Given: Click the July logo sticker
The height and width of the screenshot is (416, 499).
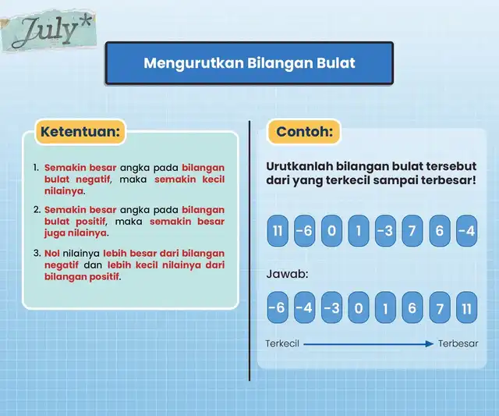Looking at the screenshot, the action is point(48,31).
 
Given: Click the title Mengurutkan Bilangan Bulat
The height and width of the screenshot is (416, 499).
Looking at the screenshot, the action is point(249,63).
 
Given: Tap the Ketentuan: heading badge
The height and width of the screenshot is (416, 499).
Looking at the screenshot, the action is point(80,132).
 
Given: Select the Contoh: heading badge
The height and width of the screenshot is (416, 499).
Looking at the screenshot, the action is point(304,132).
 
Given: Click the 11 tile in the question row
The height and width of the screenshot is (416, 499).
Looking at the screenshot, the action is point(278,230).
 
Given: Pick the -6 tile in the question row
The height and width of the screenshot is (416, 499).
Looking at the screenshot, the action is point(305,230).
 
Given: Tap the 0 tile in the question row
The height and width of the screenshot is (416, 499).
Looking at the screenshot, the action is point(331,230).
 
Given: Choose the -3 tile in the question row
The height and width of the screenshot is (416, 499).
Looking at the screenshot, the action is point(385,230).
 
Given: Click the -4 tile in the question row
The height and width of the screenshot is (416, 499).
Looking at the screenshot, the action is point(466,230).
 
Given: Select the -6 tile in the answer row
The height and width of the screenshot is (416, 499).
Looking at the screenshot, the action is point(278,308).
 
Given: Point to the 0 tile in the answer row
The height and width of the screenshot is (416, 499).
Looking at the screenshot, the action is point(359,308).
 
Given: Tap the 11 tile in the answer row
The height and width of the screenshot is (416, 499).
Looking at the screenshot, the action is point(466,308).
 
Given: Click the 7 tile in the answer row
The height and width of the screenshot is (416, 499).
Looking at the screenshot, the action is point(440,308).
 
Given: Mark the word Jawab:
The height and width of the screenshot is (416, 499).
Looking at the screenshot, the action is point(287,274).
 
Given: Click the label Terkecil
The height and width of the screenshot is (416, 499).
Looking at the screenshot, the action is point(282,343).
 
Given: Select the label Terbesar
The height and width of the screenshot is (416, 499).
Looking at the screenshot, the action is point(458,343).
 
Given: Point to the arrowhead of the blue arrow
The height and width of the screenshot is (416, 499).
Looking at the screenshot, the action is point(430,344).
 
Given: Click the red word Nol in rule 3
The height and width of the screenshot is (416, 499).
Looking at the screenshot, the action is point(52,254).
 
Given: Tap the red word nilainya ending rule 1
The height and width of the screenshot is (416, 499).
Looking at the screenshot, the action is point(64,191).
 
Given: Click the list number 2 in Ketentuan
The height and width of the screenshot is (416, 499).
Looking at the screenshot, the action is point(37,210).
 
